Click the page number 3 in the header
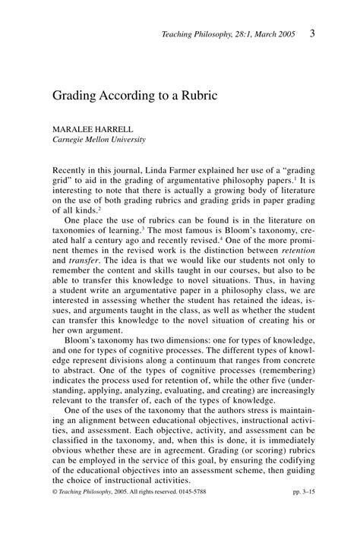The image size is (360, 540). pos(313,33)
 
